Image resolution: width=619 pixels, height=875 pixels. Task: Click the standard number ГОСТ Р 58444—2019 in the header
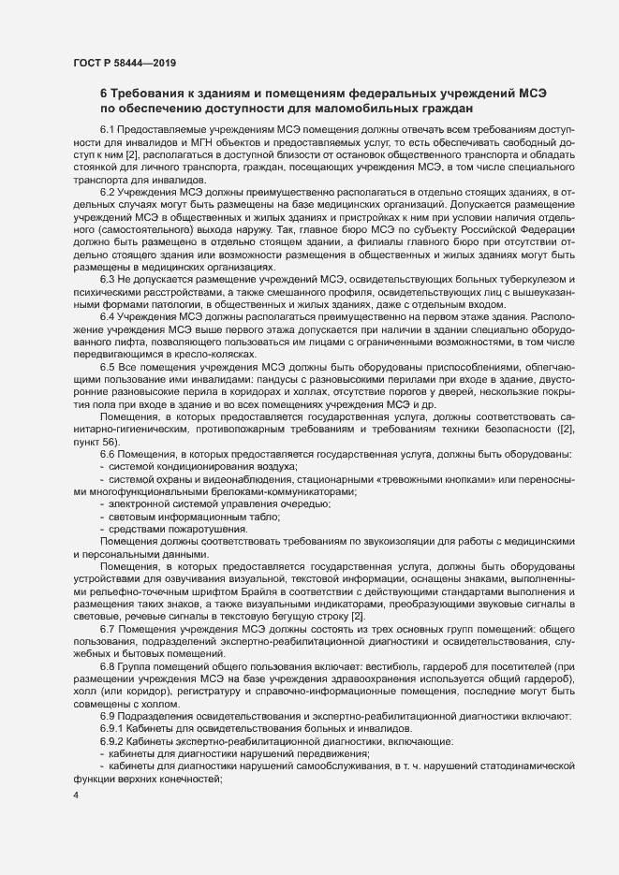(124, 63)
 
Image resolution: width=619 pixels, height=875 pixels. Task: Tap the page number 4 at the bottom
(75, 795)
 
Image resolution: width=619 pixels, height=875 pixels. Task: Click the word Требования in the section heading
(151, 94)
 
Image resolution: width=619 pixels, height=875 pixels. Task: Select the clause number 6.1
(108, 128)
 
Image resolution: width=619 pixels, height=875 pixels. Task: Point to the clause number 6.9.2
(112, 740)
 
